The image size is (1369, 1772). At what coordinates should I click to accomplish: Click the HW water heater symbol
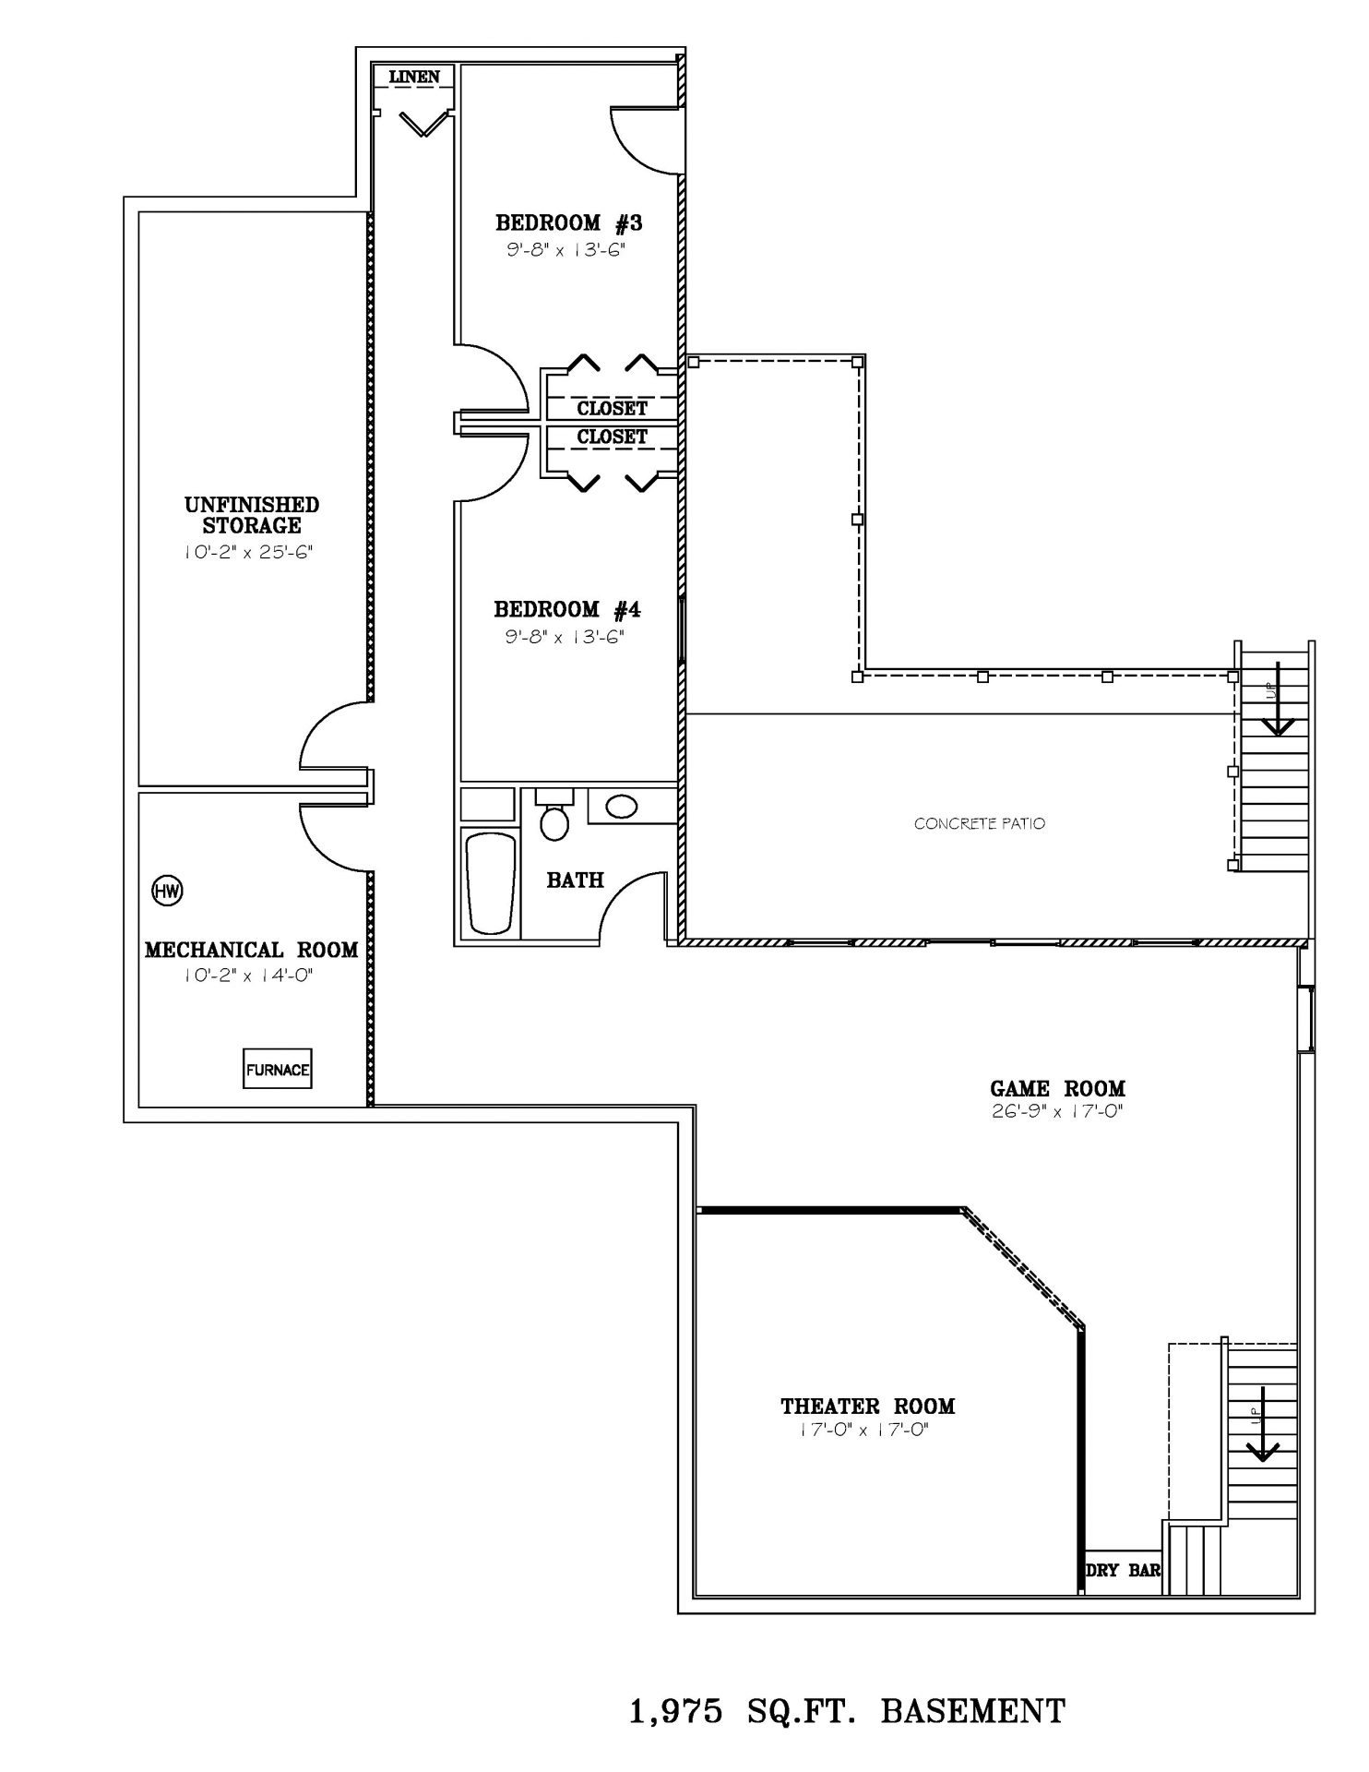pyautogui.click(x=168, y=891)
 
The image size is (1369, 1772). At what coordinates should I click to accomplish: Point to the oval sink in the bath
pyautogui.click(x=621, y=807)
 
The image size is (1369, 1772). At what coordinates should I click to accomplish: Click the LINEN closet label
pyautogui.click(x=414, y=77)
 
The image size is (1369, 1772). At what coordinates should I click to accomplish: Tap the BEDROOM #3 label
pyautogui.click(x=568, y=222)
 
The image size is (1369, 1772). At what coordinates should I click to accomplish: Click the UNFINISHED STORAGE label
pyautogui.click(x=252, y=515)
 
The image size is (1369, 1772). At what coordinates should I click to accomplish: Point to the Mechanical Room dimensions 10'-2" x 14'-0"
pyautogui.click(x=249, y=976)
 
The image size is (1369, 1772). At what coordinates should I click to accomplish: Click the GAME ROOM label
pyautogui.click(x=1057, y=1089)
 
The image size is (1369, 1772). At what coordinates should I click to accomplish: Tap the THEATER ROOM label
pyautogui.click(x=868, y=1407)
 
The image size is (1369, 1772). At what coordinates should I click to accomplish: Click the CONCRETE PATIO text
pyautogui.click(x=980, y=823)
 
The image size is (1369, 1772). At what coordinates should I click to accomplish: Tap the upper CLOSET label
pyautogui.click(x=613, y=408)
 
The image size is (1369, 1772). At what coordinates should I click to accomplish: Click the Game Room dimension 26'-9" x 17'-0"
pyautogui.click(x=1057, y=1112)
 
